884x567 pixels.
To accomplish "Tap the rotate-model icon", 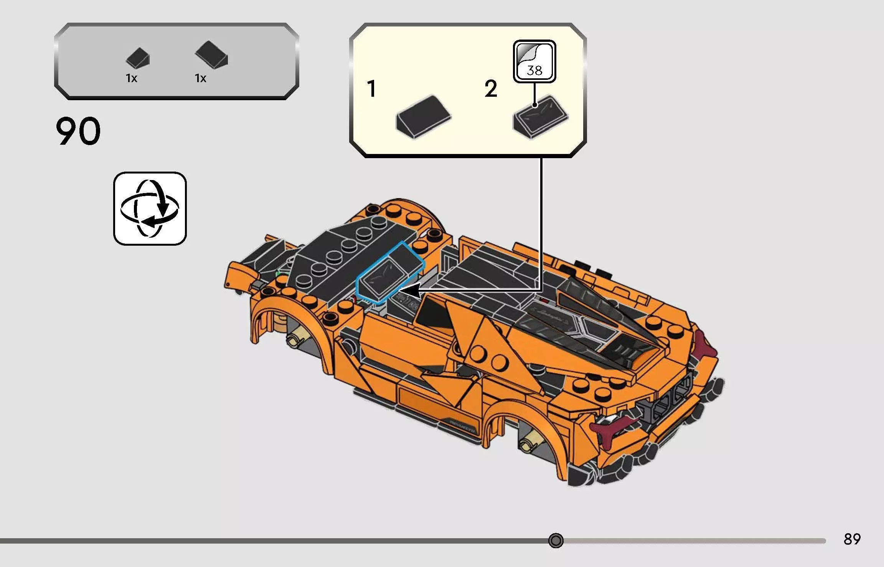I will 150,209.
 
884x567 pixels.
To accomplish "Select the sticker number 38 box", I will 534,61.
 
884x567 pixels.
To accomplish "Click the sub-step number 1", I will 371,89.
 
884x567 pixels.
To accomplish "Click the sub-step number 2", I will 491,89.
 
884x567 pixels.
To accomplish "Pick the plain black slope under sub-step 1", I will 423,117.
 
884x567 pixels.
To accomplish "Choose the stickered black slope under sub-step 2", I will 540,117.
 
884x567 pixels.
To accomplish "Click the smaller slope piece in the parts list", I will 138,58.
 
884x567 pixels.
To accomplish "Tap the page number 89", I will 852,539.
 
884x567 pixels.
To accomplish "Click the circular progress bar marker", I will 556,541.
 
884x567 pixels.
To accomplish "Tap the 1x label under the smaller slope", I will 131,78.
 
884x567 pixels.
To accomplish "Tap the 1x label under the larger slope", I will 200,78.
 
